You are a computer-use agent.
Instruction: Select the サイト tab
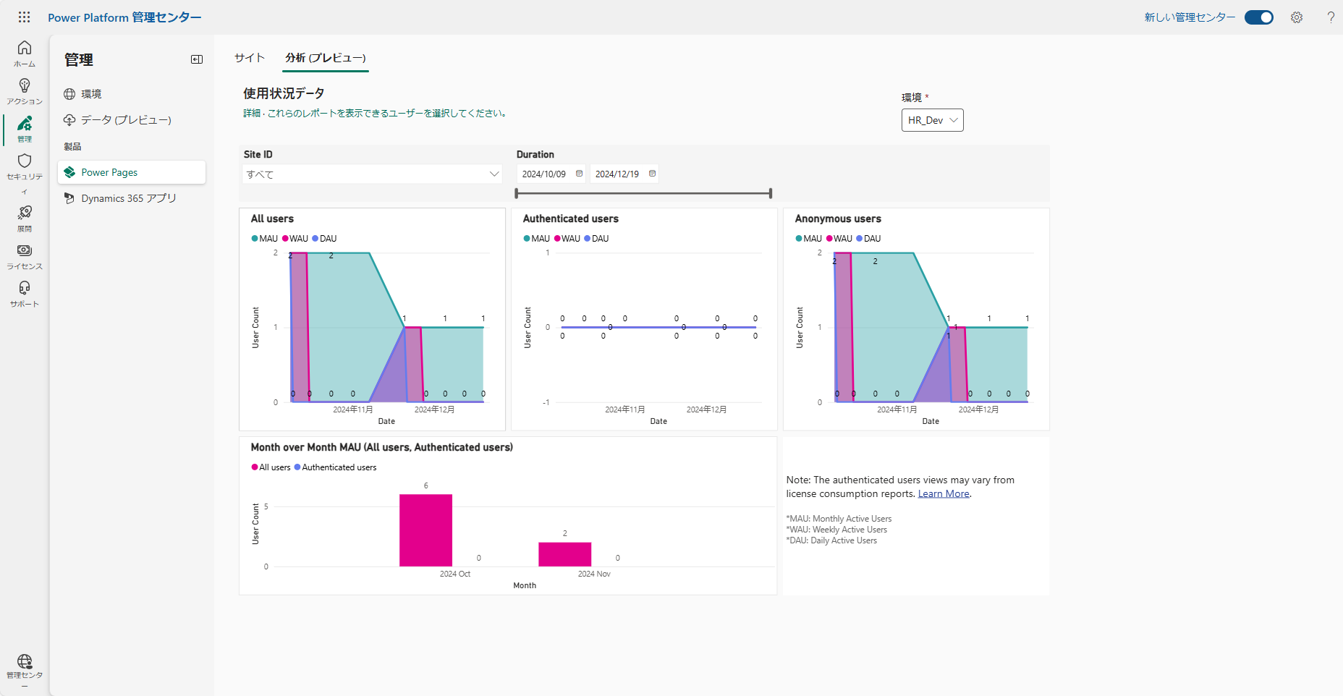click(x=250, y=58)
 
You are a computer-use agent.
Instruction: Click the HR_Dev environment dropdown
click(x=932, y=120)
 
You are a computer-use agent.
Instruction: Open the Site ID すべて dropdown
click(x=372, y=174)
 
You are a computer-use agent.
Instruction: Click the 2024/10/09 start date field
click(x=544, y=174)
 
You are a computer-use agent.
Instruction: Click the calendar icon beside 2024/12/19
click(x=652, y=174)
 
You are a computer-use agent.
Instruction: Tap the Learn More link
click(x=944, y=494)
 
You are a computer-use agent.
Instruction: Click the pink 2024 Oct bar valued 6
click(x=425, y=530)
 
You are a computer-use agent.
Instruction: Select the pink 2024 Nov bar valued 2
click(x=564, y=554)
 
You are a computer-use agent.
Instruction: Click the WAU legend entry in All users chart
click(x=295, y=239)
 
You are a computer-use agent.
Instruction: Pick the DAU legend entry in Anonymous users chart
click(x=868, y=239)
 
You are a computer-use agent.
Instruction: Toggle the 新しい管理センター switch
click(x=1259, y=17)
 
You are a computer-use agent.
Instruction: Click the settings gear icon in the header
click(x=1297, y=17)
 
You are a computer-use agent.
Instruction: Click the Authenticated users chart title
click(x=571, y=218)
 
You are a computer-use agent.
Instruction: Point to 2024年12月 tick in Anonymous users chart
click(x=978, y=409)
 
